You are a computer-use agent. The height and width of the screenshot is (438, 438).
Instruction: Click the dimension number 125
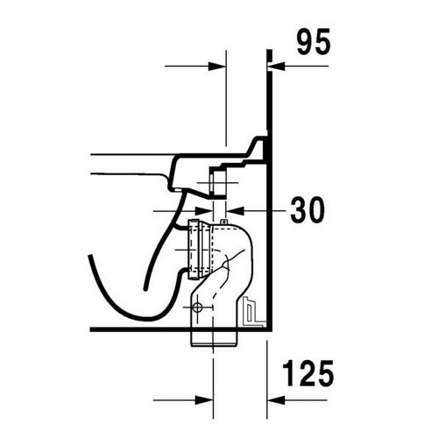(307, 375)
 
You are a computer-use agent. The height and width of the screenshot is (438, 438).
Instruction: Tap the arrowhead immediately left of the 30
(236, 211)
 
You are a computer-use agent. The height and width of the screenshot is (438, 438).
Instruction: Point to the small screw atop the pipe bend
(224, 223)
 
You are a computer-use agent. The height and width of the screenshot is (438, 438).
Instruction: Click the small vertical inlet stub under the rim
(219, 185)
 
